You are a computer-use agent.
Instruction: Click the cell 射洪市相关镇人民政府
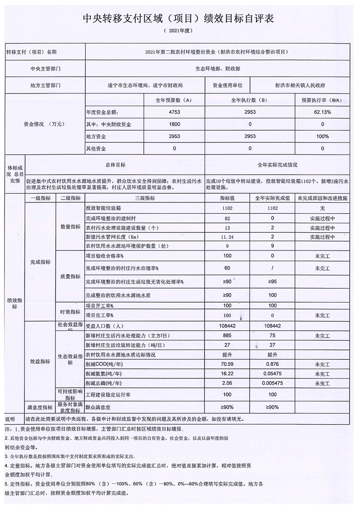pyautogui.click(x=300, y=85)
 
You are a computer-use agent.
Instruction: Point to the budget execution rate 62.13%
pyautogui.click(x=322, y=112)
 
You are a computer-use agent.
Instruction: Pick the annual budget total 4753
pyautogui.click(x=174, y=112)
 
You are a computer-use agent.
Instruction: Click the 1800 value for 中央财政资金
pyautogui.click(x=174, y=124)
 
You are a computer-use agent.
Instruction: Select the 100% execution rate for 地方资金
pyautogui.click(x=322, y=136)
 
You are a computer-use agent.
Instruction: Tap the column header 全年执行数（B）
pyautogui.click(x=250, y=99)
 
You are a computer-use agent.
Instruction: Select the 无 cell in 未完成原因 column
pyautogui.click(x=322, y=208)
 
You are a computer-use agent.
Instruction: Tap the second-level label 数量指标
pyautogui.click(x=70, y=227)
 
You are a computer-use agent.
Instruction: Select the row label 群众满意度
pyautogui.click(x=98, y=407)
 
